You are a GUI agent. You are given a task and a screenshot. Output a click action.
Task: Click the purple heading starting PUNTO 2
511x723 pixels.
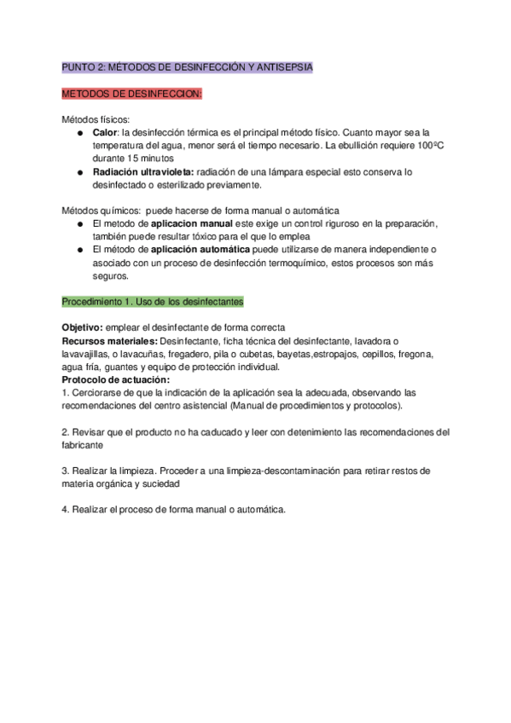[x=188, y=67]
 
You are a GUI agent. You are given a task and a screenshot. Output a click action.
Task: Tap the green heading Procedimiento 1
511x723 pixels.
[x=153, y=302]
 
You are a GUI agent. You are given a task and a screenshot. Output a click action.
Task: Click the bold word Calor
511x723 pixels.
[x=104, y=133]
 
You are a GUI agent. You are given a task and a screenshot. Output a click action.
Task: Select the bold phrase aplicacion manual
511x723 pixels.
[x=192, y=223]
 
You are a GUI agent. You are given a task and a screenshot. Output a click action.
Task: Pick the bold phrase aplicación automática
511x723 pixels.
[x=200, y=249]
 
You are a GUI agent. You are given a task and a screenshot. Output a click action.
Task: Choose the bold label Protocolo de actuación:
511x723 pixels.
[x=116, y=379]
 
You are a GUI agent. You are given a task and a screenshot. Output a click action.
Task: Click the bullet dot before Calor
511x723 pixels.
[x=78, y=133]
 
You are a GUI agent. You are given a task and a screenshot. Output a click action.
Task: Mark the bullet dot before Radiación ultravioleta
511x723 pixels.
[x=78, y=171]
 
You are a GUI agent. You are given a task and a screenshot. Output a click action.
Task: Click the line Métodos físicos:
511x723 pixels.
[x=96, y=119]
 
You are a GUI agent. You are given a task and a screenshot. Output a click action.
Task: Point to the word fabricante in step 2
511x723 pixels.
[x=83, y=445]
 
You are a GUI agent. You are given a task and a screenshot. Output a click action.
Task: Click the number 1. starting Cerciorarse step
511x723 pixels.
[x=66, y=393]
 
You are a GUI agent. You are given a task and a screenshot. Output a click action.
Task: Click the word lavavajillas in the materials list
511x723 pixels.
[x=89, y=354]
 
